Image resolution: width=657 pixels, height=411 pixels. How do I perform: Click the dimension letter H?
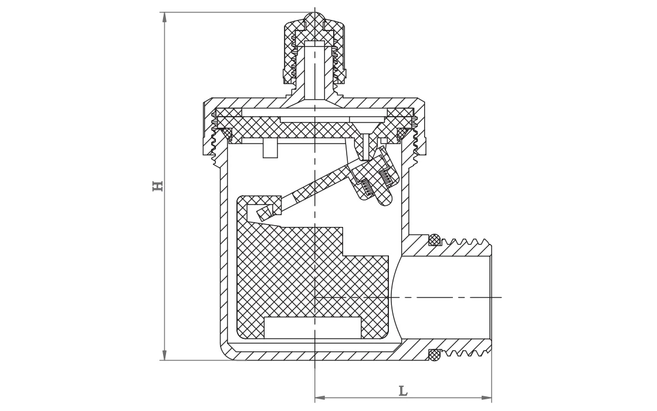pos(157,186)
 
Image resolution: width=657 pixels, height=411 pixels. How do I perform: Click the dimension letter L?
pos(403,391)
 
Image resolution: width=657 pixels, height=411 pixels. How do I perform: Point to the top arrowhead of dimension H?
pos(164,17)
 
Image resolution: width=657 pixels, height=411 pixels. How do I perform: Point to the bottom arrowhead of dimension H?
pos(164,355)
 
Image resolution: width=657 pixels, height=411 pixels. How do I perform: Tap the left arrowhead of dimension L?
pos(320,398)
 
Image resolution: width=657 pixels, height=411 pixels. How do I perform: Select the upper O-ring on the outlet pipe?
pos(434,239)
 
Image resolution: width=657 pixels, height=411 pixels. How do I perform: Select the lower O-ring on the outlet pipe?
pos(434,354)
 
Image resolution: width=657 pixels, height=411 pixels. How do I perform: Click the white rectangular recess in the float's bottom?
pos(312,327)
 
